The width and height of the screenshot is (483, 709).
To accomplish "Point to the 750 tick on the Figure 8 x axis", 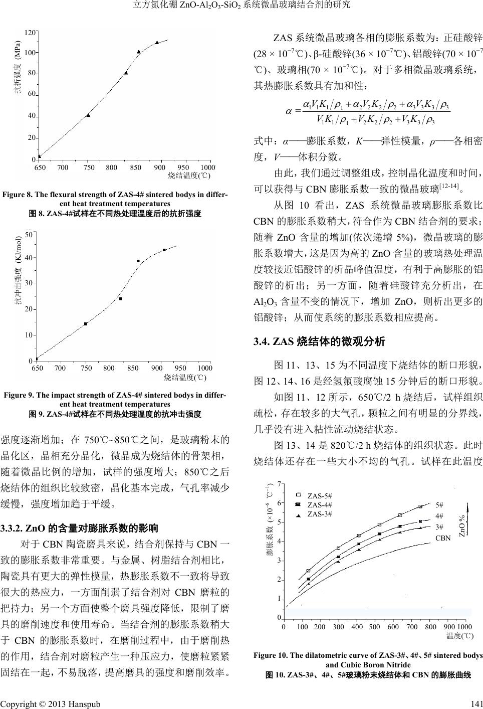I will [x=89, y=167].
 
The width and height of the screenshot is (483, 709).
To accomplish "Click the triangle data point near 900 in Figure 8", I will [x=157, y=43].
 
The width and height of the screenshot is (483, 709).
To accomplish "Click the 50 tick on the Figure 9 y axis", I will [x=29, y=234].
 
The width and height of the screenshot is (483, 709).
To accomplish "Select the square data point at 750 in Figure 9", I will [x=86, y=324].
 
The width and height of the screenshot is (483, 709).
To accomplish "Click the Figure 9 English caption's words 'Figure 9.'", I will [x=19, y=395].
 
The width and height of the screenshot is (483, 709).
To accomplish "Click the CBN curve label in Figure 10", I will [x=443, y=538].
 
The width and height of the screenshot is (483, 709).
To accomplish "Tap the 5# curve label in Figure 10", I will [x=439, y=505].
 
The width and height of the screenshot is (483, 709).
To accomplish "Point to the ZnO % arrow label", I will [x=462, y=523].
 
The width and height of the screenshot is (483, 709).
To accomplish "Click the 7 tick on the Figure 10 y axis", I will [x=279, y=485].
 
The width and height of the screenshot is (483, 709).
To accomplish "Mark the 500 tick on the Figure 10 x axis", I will [x=374, y=627].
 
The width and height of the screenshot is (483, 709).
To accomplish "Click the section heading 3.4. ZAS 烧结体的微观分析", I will [x=320, y=342].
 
